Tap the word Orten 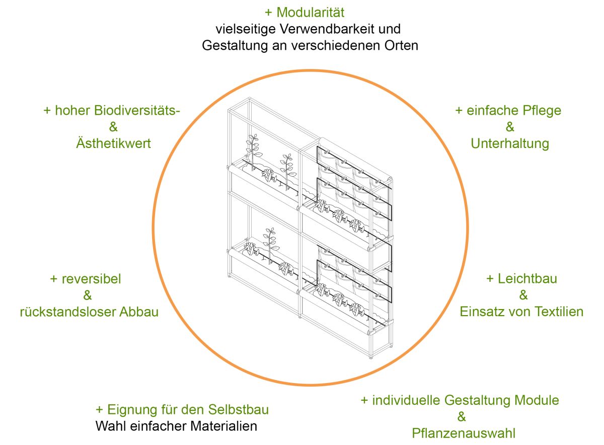tap(401, 45)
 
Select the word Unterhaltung tap(509, 143)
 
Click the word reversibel tap(91, 278)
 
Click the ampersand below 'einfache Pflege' tap(509, 127)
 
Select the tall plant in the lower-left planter tap(271, 244)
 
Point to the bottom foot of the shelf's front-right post tap(371, 356)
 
